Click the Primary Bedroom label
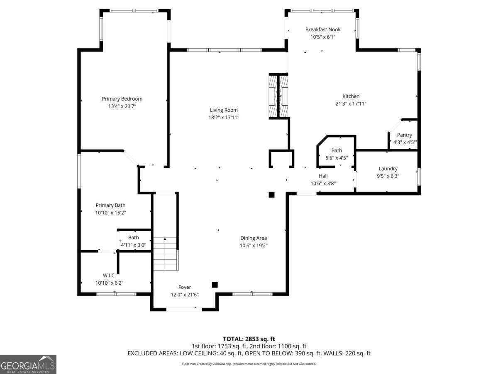tap(122, 99)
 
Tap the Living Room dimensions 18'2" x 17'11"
tap(224, 118)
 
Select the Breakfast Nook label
tap(323, 30)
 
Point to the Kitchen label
tap(351, 96)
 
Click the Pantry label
tap(404, 135)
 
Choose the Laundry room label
tap(388, 169)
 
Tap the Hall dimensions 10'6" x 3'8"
tap(323, 183)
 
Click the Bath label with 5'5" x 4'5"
tap(337, 150)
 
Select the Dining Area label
tap(254, 238)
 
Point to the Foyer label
tap(185, 287)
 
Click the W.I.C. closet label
tap(109, 275)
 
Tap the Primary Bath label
tap(110, 205)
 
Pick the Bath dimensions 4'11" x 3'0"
tap(133, 245)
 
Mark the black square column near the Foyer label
tap(215, 285)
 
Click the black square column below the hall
tap(271, 194)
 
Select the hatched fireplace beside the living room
tap(278, 96)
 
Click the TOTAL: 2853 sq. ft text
tap(249, 339)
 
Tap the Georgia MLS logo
tap(28, 364)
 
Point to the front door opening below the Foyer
tap(184, 309)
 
